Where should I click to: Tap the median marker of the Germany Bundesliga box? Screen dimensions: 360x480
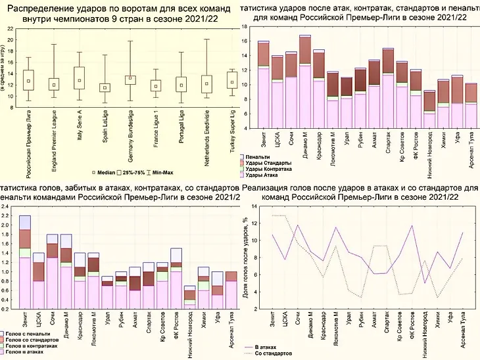pos(130,78)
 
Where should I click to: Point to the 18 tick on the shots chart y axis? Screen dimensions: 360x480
pos(244,27)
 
